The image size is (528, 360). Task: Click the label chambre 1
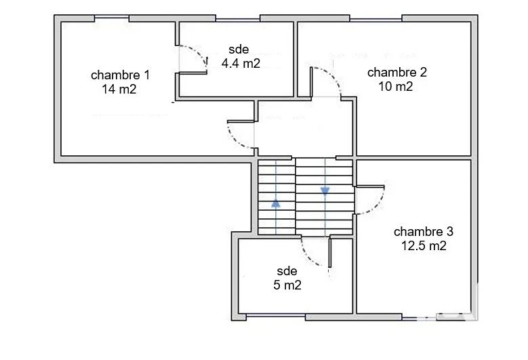[120, 75]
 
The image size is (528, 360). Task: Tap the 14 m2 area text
[119, 89]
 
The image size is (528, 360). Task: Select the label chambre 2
[397, 72]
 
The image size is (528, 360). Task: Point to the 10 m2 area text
[396, 87]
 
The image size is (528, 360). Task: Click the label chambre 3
[424, 231]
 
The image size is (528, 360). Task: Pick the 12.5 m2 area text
[424, 246]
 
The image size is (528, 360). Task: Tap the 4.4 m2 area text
[241, 63]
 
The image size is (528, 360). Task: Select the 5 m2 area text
[287, 285]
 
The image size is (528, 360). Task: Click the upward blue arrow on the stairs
[276, 203]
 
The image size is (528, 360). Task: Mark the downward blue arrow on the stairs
[325, 191]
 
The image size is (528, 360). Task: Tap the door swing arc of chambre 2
[333, 77]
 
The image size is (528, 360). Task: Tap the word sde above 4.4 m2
[239, 49]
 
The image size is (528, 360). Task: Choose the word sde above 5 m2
[287, 271]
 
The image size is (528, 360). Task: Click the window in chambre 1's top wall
[111, 18]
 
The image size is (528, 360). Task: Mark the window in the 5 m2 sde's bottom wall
[276, 316]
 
